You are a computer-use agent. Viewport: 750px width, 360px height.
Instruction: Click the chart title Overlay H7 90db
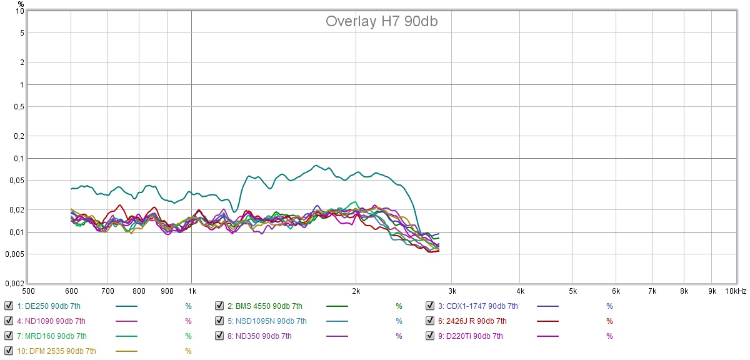click(381, 21)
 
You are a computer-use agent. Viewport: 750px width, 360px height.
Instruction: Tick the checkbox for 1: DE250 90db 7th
click(8, 306)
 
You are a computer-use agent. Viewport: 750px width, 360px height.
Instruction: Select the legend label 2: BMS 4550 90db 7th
click(264, 306)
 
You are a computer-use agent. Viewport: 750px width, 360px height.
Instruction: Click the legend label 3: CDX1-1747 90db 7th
click(477, 306)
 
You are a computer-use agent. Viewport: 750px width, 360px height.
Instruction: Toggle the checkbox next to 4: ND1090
click(8, 321)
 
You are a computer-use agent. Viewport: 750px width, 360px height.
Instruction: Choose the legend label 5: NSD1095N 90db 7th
click(267, 321)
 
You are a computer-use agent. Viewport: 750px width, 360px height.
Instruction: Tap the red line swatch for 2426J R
click(547, 321)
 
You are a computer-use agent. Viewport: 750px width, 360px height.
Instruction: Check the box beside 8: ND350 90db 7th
click(219, 336)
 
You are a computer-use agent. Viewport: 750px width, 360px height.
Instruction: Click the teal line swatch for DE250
click(126, 306)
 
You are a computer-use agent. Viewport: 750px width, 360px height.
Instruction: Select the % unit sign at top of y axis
click(21, 4)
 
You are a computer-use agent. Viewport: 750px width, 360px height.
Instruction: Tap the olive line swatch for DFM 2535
click(126, 351)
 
